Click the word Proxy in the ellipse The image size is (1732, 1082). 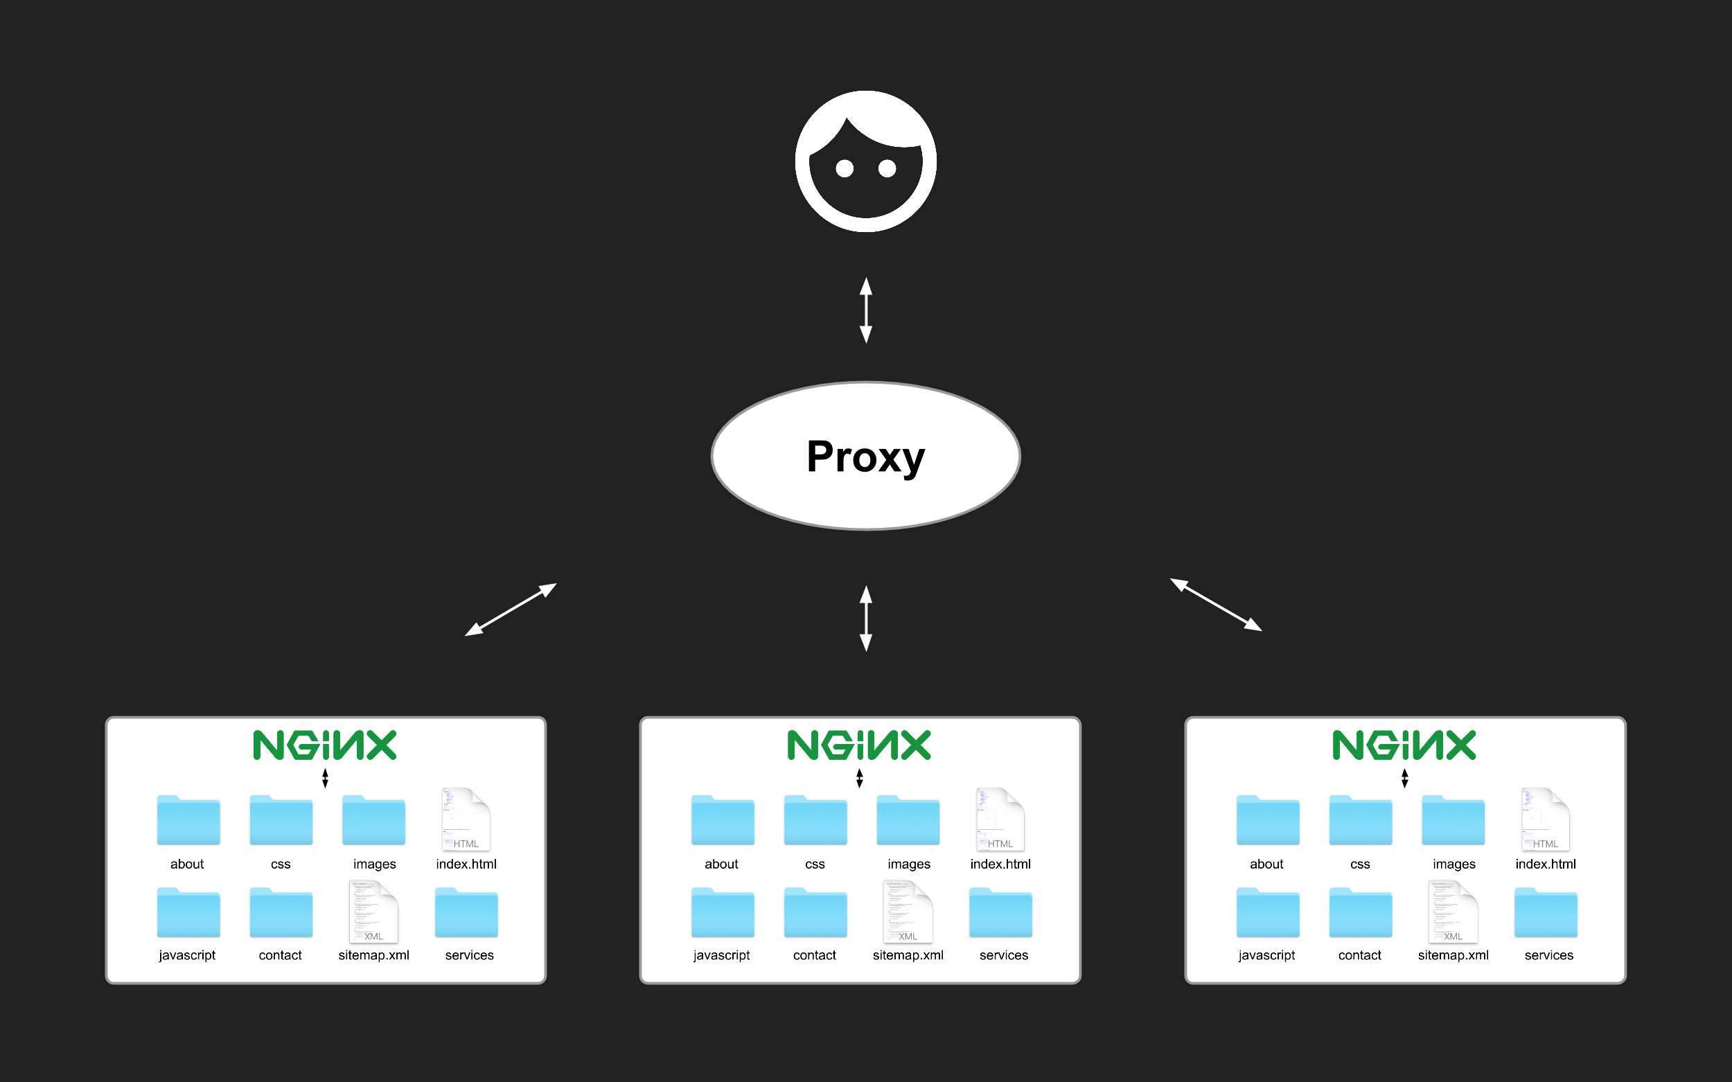pos(865,456)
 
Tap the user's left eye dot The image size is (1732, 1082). pos(845,168)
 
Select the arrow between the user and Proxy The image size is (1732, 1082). pos(866,310)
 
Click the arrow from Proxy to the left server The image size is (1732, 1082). pos(511,610)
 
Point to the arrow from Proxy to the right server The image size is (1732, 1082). pos(1216,605)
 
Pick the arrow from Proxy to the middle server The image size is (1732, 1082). pos(866,619)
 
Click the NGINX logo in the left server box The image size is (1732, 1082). pos(325,745)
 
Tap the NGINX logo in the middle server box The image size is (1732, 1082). pos(859,745)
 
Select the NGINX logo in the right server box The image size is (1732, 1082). pos(1404,745)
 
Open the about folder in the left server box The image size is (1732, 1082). pos(188,820)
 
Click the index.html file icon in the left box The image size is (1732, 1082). pos(466,819)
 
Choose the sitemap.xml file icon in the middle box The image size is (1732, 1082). pos(908,912)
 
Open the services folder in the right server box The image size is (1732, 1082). pos(1546,912)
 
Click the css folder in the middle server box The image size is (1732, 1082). pos(815,820)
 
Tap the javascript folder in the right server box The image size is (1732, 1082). pos(1268,912)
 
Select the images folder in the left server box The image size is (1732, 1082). pos(373,820)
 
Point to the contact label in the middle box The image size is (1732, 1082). pos(815,955)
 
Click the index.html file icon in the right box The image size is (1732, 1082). pos(1545,819)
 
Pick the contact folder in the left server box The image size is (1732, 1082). pos(281,912)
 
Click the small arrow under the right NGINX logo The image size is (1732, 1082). pos(1405,778)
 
